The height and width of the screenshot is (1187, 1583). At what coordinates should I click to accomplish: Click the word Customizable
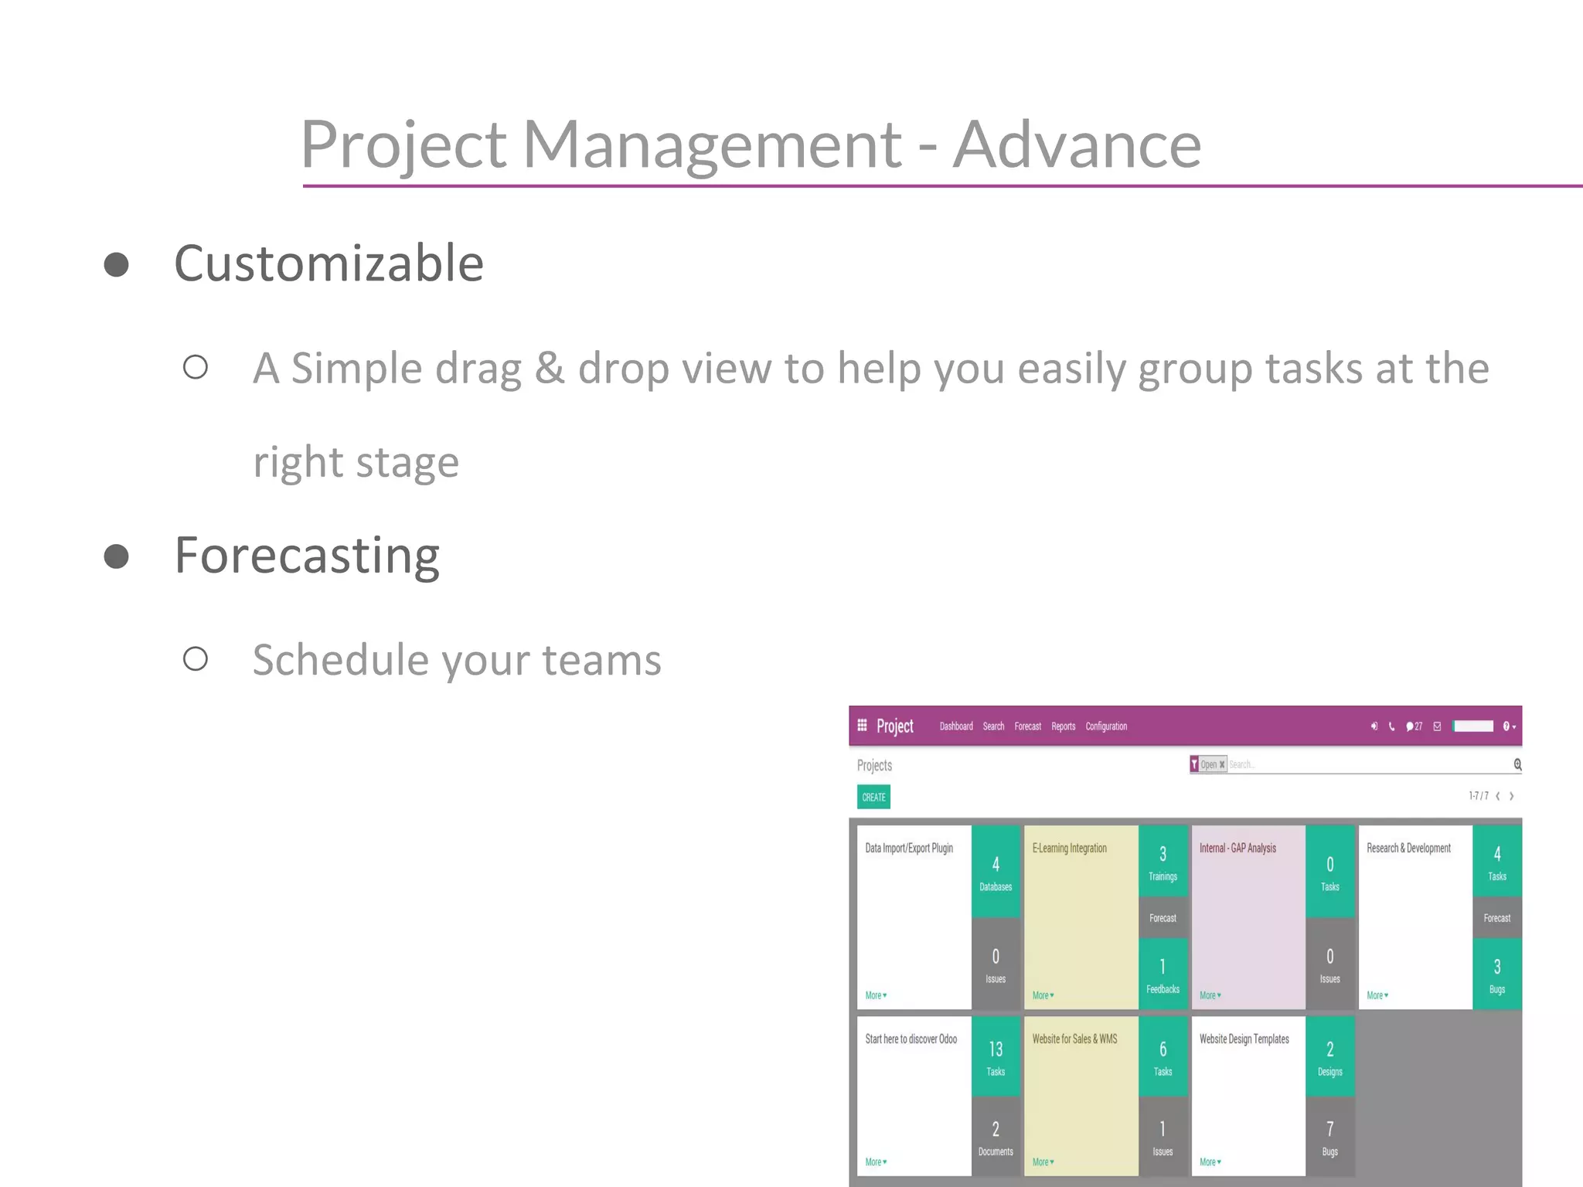329,264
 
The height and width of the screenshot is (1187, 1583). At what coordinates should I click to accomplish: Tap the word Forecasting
307,556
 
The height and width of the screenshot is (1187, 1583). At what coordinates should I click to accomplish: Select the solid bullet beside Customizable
116,264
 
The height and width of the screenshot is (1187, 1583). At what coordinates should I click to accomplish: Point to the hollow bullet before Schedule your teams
196,659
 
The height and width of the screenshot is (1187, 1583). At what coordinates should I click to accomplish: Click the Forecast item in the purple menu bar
1027,726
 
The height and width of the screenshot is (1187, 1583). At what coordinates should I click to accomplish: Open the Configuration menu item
1105,726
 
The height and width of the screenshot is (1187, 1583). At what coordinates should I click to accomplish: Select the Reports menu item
1063,726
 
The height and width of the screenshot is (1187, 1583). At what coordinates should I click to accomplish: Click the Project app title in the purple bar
894,726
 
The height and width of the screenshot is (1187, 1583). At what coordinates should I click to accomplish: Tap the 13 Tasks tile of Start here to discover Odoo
996,1056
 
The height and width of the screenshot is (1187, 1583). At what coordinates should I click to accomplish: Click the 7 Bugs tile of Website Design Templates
1329,1137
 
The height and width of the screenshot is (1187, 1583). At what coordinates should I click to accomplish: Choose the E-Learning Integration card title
1069,849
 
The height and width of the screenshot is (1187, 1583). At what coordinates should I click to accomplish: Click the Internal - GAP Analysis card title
1237,849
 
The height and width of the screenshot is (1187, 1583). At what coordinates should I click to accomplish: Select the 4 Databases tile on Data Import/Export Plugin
996,872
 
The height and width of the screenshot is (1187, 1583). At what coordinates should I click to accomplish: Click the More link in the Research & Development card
1377,995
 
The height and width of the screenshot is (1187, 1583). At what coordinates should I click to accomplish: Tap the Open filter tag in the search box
1208,764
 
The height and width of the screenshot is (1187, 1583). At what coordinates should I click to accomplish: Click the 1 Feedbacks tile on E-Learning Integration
1163,974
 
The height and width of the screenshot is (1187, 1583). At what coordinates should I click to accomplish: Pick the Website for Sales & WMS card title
1074,1039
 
